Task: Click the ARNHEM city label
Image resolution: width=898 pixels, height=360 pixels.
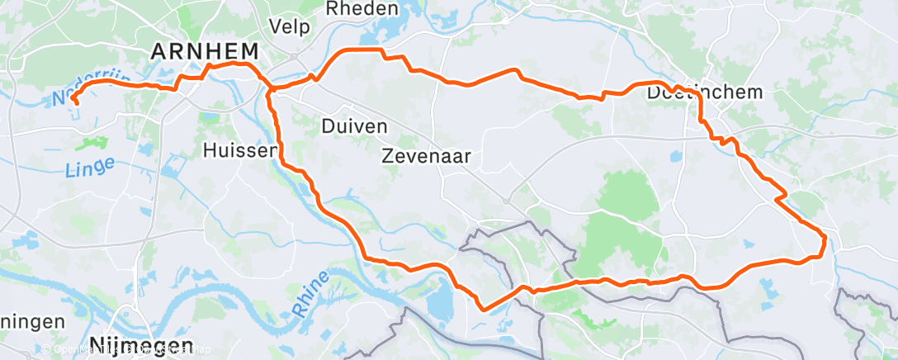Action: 204,51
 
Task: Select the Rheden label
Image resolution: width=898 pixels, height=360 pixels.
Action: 362,9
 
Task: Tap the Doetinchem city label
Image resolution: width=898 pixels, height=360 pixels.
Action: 705,92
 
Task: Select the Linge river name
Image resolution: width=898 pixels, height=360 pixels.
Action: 87,169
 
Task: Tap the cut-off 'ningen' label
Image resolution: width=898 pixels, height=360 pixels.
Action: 31,322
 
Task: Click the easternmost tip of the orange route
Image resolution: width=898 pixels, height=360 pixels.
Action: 825,239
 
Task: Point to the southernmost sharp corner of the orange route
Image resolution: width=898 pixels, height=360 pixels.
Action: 483,310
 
